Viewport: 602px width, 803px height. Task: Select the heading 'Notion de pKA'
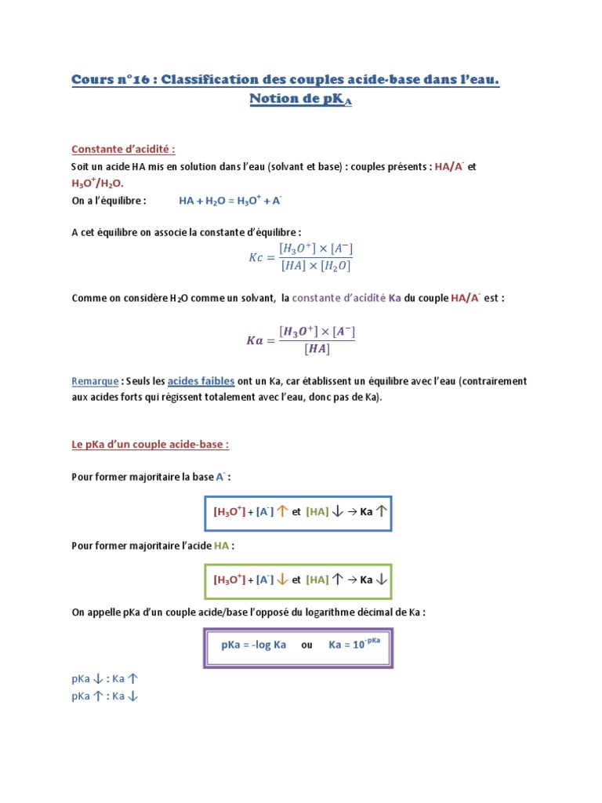[300, 99]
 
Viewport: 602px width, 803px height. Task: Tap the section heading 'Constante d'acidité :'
[123, 149]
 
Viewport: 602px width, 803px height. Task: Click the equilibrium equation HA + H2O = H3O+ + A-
[230, 201]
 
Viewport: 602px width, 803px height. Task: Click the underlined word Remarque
[94, 381]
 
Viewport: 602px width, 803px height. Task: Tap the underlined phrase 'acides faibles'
[201, 381]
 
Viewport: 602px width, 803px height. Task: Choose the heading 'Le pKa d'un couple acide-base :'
[150, 445]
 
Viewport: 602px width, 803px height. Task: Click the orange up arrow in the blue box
[282, 512]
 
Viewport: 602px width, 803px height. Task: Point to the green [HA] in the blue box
[317, 512]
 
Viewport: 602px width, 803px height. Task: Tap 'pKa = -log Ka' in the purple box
[253, 645]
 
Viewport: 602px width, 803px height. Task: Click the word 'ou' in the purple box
[307, 645]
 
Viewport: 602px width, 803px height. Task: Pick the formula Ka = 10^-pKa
[354, 644]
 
